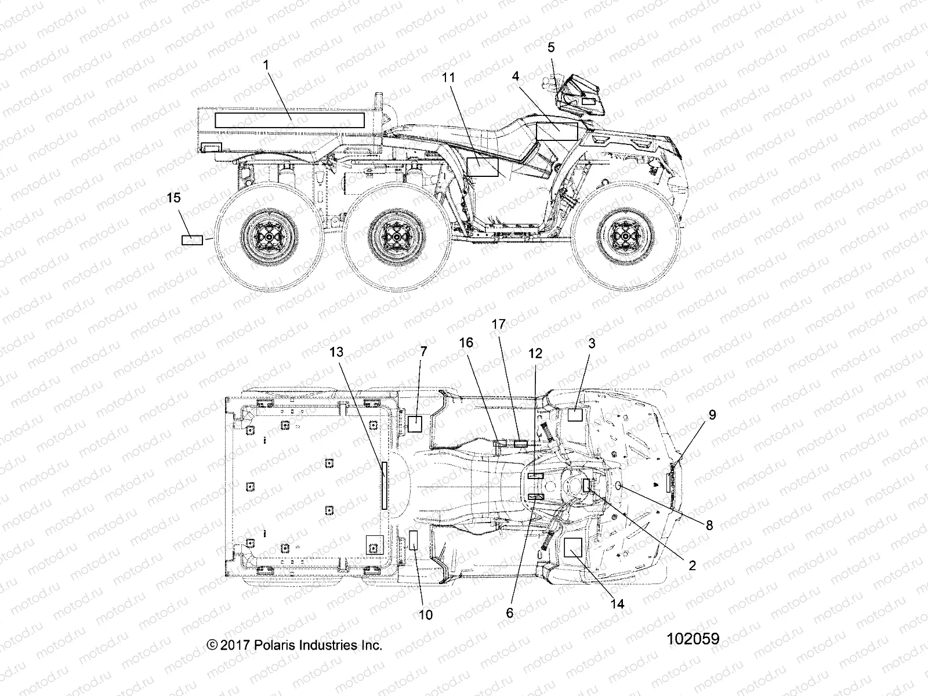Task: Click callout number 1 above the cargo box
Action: click(x=266, y=65)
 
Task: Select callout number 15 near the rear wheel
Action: click(x=173, y=198)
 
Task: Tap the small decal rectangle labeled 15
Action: click(x=192, y=240)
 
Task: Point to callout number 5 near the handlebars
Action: click(x=551, y=48)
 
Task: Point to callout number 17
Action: click(x=499, y=324)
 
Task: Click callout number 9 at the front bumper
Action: click(x=712, y=415)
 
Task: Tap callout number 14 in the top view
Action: click(x=618, y=604)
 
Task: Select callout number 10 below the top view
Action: click(x=426, y=614)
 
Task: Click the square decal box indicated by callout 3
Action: click(x=575, y=414)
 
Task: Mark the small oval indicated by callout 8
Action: click(x=618, y=485)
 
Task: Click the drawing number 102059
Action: click(x=693, y=639)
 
